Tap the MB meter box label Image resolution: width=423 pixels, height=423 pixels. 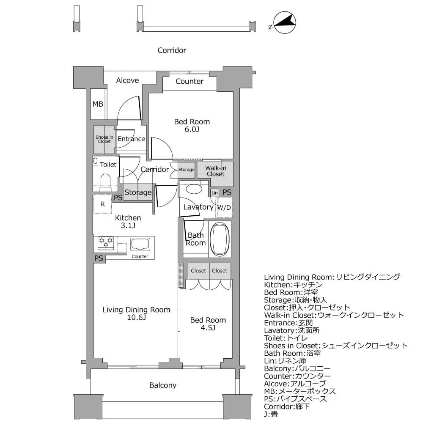click(x=98, y=104)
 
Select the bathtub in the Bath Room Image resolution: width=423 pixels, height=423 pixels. click(x=220, y=239)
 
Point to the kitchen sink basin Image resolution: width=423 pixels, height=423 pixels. click(x=140, y=244)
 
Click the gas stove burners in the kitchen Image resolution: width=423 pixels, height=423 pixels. click(x=106, y=242)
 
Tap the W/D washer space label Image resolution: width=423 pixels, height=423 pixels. click(x=224, y=208)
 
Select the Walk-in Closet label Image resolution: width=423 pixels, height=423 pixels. click(x=215, y=171)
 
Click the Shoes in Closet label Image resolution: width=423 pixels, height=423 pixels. click(x=104, y=139)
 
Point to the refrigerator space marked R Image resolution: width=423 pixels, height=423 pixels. click(x=102, y=204)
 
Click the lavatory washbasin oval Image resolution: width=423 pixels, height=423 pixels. click(x=194, y=189)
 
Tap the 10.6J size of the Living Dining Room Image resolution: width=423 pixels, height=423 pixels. click(x=136, y=318)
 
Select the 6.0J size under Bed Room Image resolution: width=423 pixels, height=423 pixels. click(x=192, y=129)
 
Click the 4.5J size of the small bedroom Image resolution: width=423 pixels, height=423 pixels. click(x=208, y=328)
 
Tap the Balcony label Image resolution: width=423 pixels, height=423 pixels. click(x=162, y=385)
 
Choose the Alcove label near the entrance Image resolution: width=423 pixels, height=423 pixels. click(x=127, y=80)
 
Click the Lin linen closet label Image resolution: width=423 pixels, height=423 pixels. click(x=214, y=192)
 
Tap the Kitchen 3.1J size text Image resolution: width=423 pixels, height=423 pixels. click(x=128, y=225)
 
